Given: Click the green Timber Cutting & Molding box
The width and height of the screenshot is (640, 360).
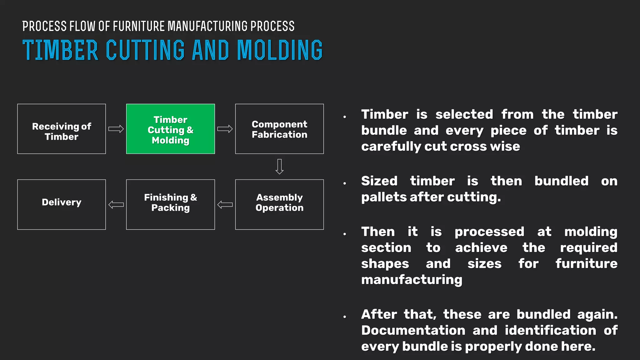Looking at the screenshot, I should pos(170,129).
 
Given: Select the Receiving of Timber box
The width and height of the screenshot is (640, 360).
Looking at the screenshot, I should pos(62,129).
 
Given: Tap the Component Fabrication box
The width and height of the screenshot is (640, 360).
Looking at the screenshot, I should pos(279,129).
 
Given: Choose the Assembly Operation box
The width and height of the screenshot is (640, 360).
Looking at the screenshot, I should pos(279,204).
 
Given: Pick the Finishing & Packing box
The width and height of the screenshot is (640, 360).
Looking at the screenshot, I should pos(170,204).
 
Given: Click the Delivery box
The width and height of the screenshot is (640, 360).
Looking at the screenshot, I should pos(62,204).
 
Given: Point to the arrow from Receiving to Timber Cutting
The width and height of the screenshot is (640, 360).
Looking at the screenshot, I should pos(116,129).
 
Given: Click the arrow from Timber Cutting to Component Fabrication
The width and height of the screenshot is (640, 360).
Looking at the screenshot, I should pos(225,129).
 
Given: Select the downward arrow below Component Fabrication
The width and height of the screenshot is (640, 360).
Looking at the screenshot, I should pos(279,167).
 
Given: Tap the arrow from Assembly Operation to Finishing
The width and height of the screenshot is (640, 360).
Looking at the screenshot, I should pos(225,205).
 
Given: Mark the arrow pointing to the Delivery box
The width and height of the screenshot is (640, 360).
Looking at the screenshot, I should pos(116,205).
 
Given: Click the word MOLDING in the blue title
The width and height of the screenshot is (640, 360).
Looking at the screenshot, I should pos(280,50).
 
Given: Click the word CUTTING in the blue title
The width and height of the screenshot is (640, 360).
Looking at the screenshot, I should pos(145,50).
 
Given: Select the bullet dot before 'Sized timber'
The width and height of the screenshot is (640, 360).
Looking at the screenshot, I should pos(345,183).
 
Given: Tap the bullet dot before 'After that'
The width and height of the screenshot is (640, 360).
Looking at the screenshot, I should pos(345,317).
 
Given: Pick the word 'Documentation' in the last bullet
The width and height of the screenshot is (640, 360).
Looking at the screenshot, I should pos(413,330).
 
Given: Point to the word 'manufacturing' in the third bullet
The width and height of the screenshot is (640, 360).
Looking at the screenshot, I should pos(412,280).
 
